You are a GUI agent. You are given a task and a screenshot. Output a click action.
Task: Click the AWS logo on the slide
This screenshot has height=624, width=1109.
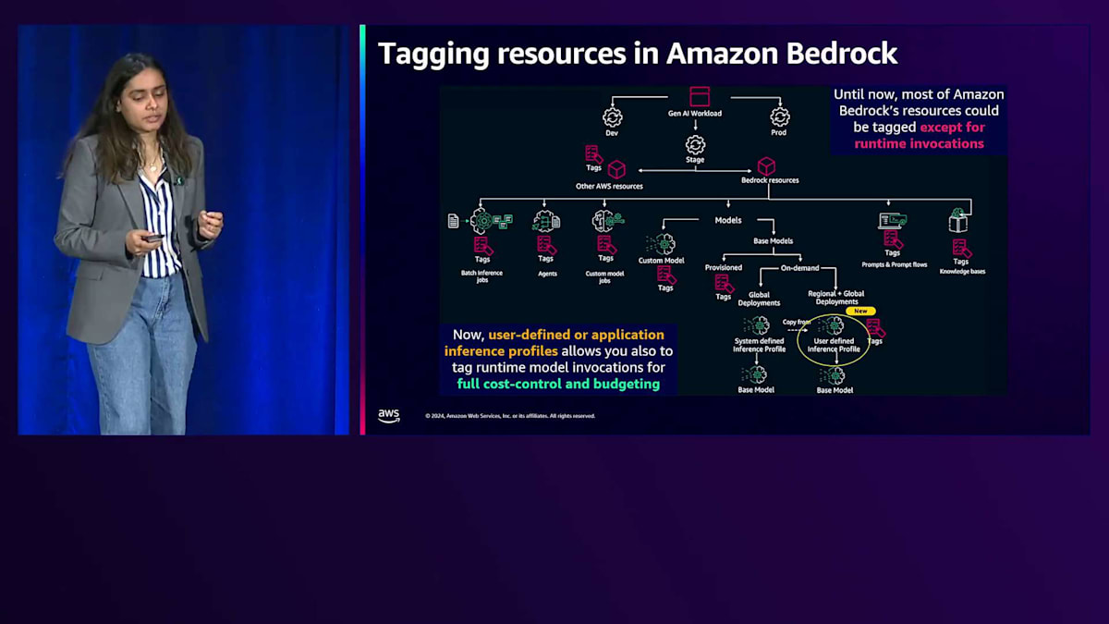click(x=389, y=416)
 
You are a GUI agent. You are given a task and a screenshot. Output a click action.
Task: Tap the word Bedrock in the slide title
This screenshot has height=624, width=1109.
click(x=841, y=54)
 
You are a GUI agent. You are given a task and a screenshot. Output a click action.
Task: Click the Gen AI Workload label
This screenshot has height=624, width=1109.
click(x=695, y=114)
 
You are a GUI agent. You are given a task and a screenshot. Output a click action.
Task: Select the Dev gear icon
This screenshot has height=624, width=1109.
click(x=612, y=117)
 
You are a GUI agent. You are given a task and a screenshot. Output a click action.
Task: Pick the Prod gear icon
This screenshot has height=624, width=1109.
click(x=780, y=117)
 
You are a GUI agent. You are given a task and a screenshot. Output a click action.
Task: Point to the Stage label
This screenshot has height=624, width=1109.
click(x=695, y=160)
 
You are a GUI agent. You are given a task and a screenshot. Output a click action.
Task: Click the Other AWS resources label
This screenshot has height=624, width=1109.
click(x=609, y=186)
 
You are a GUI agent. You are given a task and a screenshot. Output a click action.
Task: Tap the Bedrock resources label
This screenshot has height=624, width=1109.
click(x=770, y=180)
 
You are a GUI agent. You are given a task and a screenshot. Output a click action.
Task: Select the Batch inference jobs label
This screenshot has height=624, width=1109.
click(x=481, y=275)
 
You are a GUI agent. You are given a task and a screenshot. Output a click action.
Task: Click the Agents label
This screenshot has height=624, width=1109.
click(x=547, y=274)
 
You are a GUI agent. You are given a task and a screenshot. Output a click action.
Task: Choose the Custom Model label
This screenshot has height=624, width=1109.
click(x=662, y=261)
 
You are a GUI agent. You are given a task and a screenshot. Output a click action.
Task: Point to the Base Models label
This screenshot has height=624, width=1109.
click(x=773, y=241)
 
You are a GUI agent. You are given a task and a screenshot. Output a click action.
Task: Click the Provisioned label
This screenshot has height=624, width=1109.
click(x=724, y=268)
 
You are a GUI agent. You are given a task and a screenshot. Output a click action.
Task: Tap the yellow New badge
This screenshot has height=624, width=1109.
click(x=860, y=312)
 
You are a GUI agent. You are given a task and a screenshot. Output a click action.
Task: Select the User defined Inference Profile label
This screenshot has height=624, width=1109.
click(x=834, y=345)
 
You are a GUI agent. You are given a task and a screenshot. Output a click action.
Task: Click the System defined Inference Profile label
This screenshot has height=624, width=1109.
click(x=760, y=345)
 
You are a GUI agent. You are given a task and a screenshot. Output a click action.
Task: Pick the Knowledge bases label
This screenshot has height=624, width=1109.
click(x=962, y=272)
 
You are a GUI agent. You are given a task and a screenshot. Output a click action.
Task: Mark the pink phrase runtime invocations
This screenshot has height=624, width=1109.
click(x=919, y=143)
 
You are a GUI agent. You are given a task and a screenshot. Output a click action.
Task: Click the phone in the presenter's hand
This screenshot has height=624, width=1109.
click(x=152, y=238)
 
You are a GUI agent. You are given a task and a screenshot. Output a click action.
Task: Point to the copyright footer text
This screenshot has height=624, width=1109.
click(x=510, y=416)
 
